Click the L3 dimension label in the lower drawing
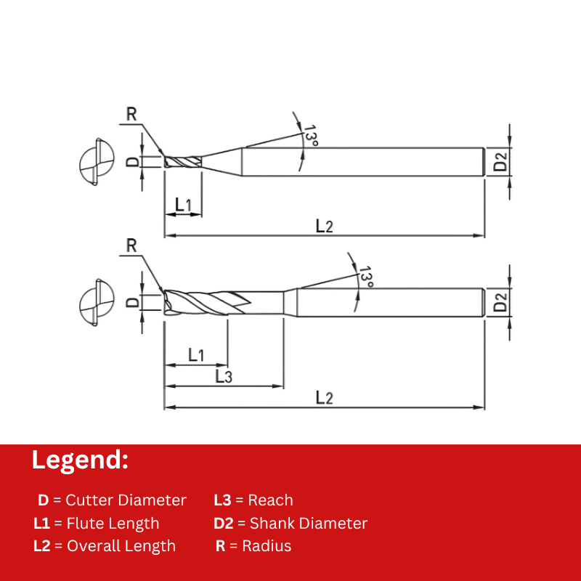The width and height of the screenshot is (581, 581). (x=224, y=376)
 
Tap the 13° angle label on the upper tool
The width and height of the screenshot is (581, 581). (x=311, y=136)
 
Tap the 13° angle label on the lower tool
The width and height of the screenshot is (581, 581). (x=366, y=277)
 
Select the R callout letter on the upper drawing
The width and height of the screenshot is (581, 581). (x=131, y=114)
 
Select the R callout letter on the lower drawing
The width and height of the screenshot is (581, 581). (x=131, y=245)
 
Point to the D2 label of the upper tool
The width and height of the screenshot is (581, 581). (x=500, y=162)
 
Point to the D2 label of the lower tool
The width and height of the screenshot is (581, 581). (x=500, y=302)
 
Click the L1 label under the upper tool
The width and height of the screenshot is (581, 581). (x=183, y=205)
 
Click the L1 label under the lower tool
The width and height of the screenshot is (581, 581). (x=196, y=355)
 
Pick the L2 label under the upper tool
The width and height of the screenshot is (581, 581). (x=324, y=226)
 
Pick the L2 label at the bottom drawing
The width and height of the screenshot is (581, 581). (x=324, y=398)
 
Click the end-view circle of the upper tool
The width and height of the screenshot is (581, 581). (x=97, y=162)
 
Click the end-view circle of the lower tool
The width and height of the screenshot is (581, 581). (x=97, y=302)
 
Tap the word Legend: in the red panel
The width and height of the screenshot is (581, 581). (x=80, y=460)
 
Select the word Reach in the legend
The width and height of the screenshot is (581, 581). (x=270, y=500)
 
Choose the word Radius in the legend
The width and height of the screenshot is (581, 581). (x=267, y=546)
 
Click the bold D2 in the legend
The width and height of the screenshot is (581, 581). (x=224, y=523)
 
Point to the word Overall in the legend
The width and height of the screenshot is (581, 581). (x=93, y=546)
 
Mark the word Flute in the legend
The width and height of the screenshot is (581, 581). (x=84, y=523)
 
